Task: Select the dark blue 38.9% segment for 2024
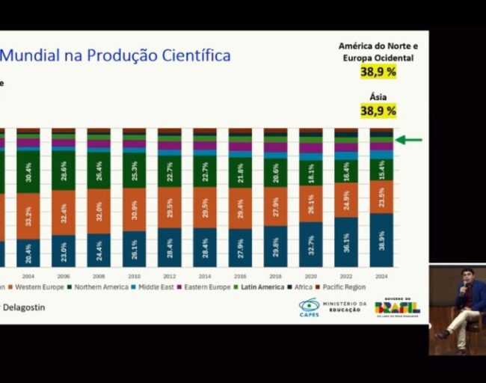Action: pos(381,239)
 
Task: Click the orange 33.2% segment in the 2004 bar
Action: pos(28,217)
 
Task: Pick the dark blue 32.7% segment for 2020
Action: pos(310,244)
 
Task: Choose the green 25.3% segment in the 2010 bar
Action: pos(134,171)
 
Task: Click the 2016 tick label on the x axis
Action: pos(240,275)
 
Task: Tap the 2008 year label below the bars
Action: pos(99,275)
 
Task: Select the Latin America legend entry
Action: pos(262,287)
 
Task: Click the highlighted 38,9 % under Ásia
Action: pos(378,111)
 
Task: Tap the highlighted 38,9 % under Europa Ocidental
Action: pos(378,72)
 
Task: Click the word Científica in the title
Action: pos(191,55)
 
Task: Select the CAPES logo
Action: pos(309,307)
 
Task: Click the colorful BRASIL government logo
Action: pos(397,307)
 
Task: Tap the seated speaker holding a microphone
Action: pos(464,307)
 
